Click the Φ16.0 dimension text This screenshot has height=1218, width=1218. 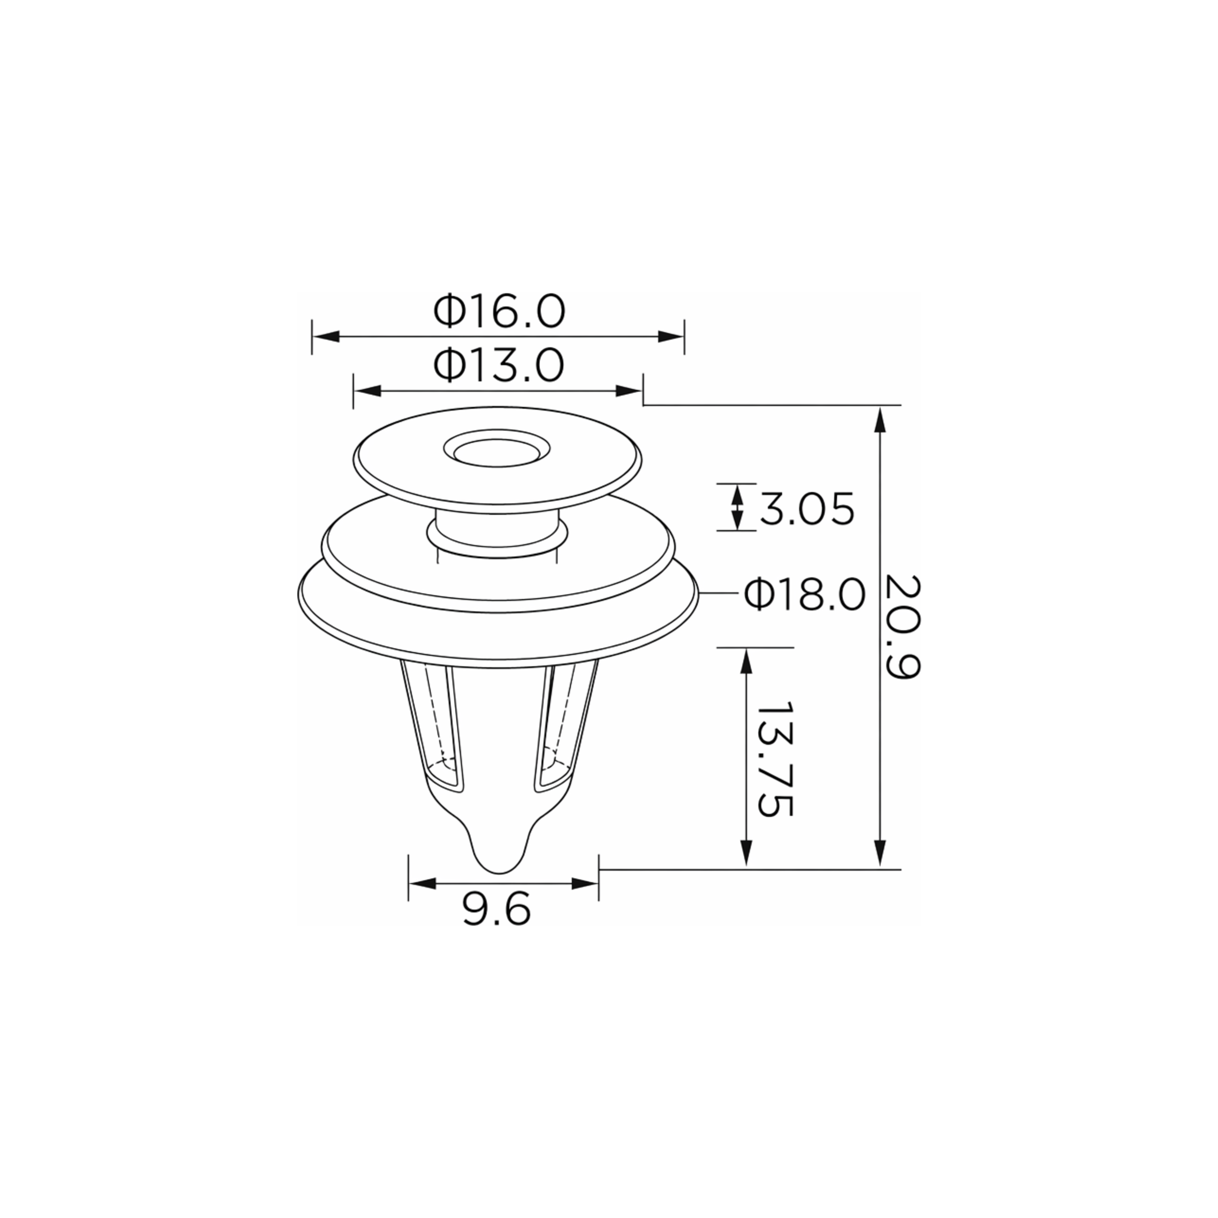[499, 311]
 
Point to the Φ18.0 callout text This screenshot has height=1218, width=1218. [804, 594]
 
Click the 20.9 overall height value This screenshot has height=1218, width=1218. [903, 626]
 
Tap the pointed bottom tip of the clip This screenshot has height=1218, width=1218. [499, 872]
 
